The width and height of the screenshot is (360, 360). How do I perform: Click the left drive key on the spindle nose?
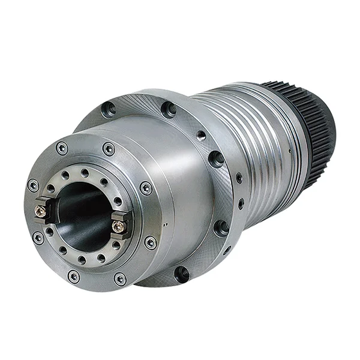(44, 210)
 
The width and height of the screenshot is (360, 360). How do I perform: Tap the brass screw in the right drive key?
(118, 226)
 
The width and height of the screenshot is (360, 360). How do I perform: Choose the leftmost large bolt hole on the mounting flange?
(109, 109)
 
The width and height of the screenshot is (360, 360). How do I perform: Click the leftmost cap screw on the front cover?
(33, 185)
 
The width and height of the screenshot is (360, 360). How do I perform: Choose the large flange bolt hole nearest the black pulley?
(215, 158)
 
